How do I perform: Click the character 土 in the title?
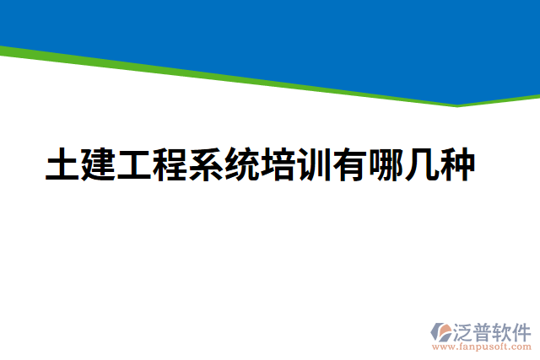pos(62,165)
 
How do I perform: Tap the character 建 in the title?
pos(98,165)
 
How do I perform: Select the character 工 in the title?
pos(134,165)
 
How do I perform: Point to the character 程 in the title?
pos(170,165)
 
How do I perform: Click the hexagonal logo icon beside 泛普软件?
pos(442,331)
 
